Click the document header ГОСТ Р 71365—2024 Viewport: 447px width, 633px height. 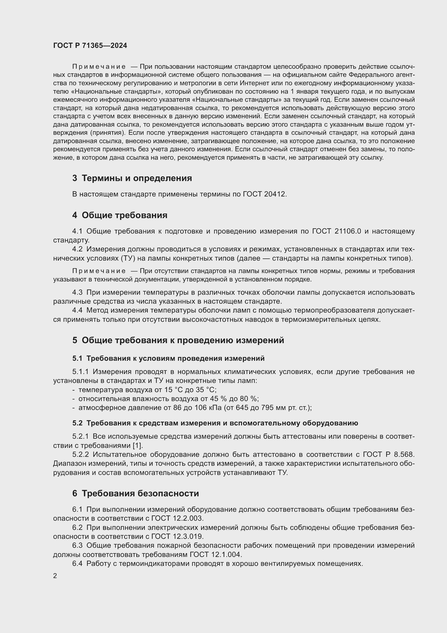coord(90,46)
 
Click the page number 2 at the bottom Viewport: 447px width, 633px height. coord(55,576)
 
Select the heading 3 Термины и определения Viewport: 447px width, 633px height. coord(132,178)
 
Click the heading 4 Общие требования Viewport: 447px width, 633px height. coord(120,215)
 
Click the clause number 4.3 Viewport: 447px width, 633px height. coord(77,292)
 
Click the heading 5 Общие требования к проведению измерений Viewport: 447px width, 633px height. coord(178,340)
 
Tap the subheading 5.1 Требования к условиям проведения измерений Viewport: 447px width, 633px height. coord(168,358)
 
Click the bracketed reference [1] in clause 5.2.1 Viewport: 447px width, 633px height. coord(138,445)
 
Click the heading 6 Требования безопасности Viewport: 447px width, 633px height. coord(135,493)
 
